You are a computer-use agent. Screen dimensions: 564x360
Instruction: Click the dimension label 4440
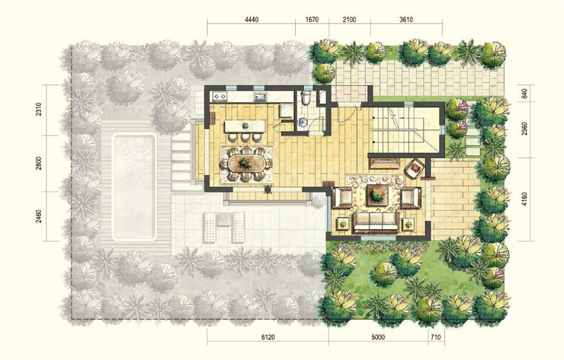[x=251, y=20]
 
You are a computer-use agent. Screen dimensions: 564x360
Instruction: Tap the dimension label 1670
[x=312, y=20]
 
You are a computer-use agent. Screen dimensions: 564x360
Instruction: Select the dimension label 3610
[x=406, y=20]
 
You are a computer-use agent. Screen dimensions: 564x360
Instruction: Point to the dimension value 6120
[x=268, y=337]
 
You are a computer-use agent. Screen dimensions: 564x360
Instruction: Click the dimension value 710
[x=436, y=337]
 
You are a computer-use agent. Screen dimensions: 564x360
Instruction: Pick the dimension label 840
[x=524, y=93]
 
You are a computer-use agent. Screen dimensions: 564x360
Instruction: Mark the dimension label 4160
[x=524, y=199]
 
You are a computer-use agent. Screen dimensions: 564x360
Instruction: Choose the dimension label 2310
[x=39, y=109]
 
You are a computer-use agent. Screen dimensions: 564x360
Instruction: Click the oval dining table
[x=246, y=164]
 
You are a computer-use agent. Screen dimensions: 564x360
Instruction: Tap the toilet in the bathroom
[x=306, y=97]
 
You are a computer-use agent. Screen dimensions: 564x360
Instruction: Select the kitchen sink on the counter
[x=260, y=97]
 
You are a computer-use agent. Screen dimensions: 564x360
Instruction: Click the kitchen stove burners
[x=219, y=96]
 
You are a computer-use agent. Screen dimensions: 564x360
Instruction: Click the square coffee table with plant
[x=377, y=196]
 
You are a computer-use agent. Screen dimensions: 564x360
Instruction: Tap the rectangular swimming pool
[x=135, y=187]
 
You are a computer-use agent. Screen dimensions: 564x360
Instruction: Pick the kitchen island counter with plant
[x=245, y=126]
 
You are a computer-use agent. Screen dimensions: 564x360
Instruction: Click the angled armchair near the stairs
[x=415, y=167]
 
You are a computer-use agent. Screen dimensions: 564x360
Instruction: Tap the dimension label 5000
[x=379, y=337]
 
